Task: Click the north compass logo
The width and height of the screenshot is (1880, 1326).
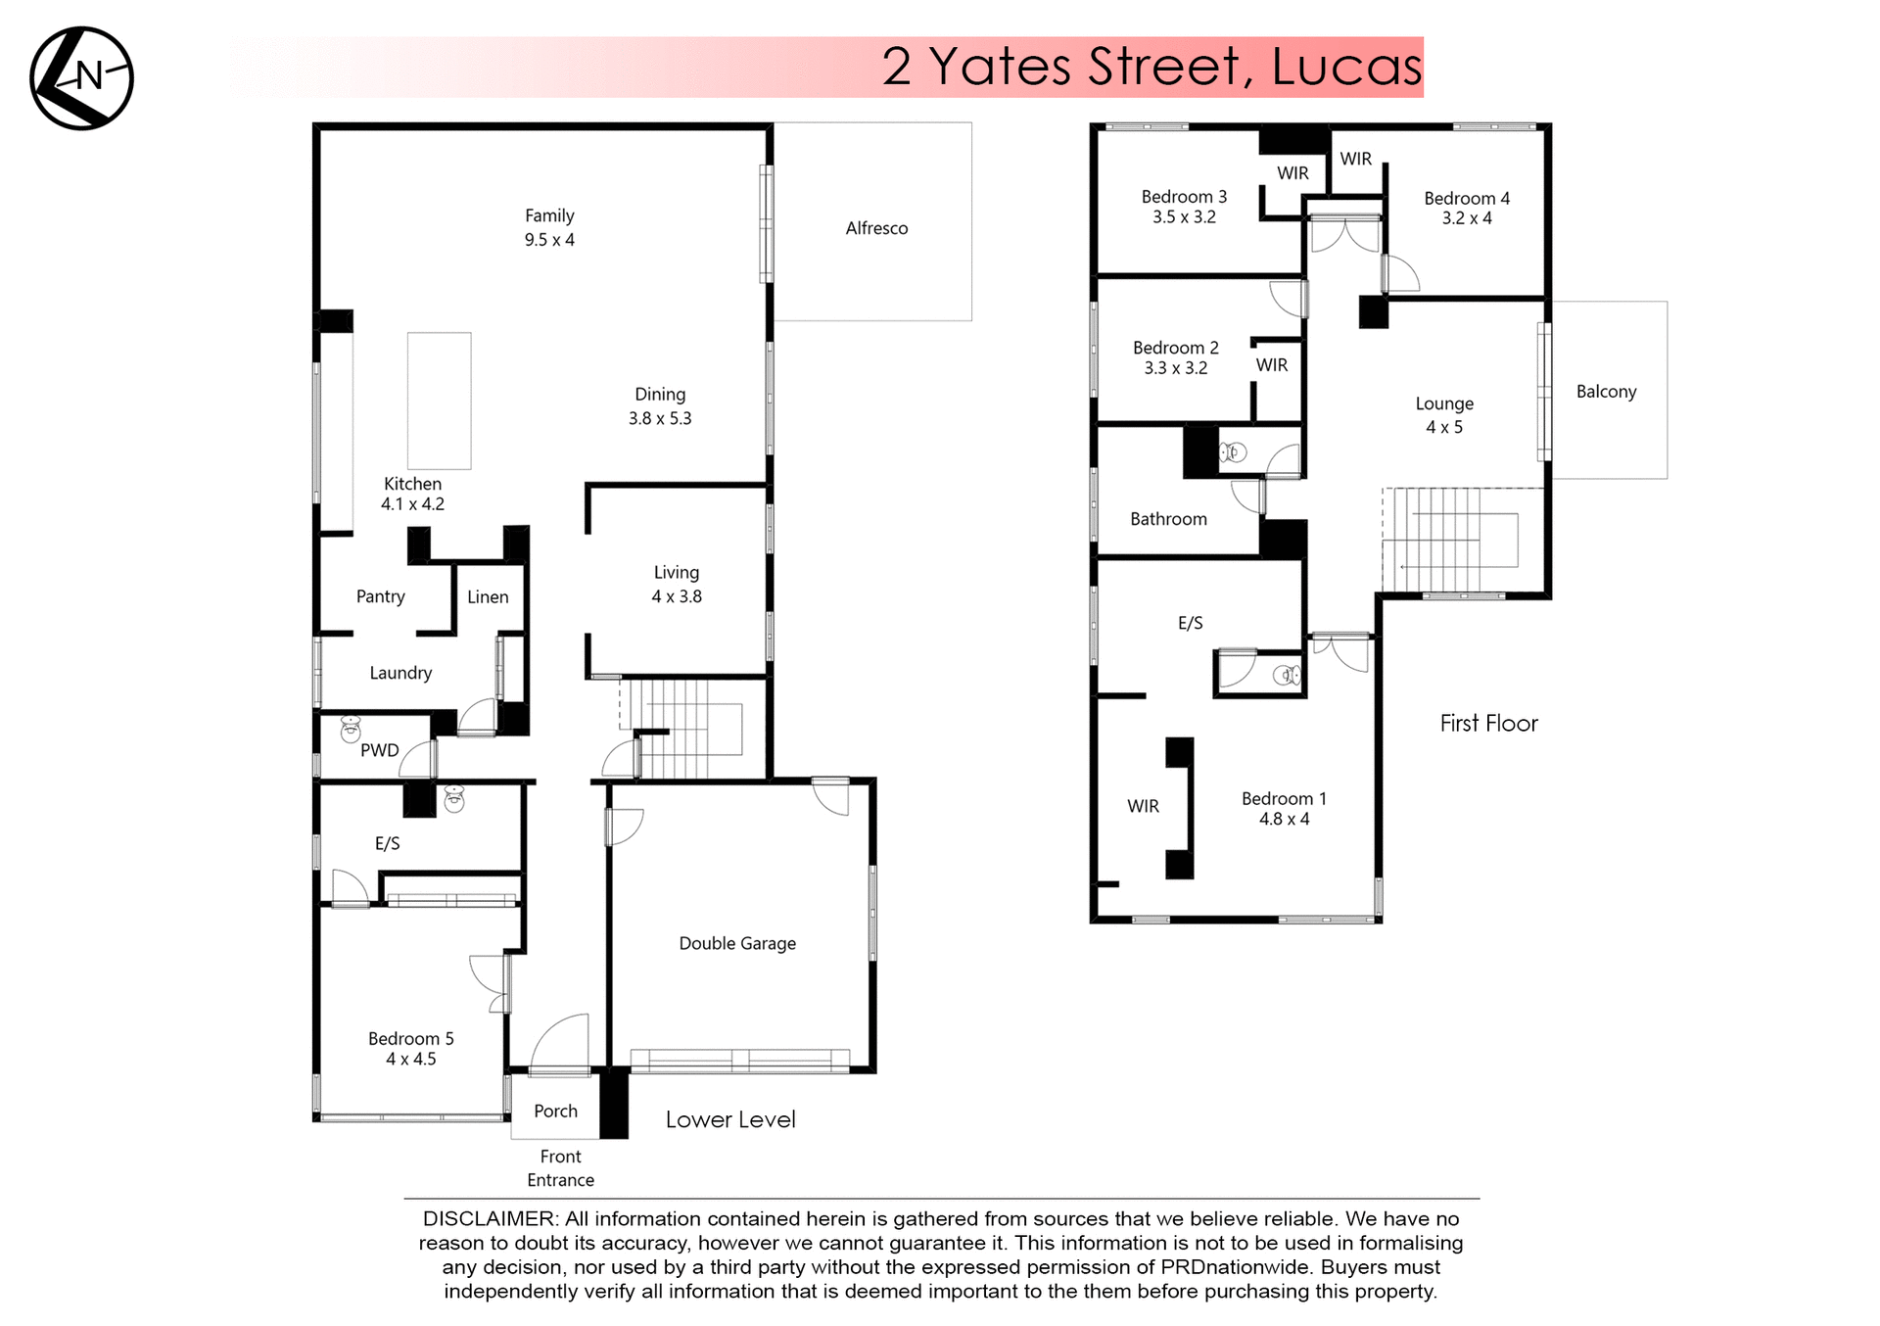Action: (x=81, y=78)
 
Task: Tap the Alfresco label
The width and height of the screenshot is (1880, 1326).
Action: (x=876, y=228)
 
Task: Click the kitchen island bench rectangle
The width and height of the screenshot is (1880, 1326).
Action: (x=439, y=401)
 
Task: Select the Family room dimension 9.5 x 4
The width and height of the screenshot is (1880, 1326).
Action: (x=549, y=240)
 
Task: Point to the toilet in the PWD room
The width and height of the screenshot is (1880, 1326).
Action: (x=351, y=729)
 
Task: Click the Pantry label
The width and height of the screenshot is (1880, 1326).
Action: (x=380, y=596)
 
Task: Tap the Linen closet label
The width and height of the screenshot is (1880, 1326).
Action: (x=488, y=596)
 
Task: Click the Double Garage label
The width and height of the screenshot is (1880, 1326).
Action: (x=737, y=943)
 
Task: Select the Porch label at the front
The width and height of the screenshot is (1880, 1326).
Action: (x=555, y=1111)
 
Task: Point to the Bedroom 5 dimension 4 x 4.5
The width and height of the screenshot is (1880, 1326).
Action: (x=410, y=1059)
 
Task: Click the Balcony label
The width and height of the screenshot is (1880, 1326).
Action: (x=1606, y=392)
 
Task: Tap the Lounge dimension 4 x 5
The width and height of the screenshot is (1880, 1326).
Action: (x=1444, y=427)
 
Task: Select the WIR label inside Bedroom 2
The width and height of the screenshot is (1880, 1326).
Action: (x=1272, y=365)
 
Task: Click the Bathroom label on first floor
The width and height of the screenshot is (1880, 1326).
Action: (x=1168, y=519)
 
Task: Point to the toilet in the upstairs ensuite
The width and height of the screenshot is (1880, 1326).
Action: (x=1287, y=675)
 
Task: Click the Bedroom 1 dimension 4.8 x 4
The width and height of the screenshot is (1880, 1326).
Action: (x=1284, y=819)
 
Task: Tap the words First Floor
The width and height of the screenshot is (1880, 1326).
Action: (x=1488, y=723)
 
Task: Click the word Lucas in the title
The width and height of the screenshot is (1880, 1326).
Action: (x=1346, y=67)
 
